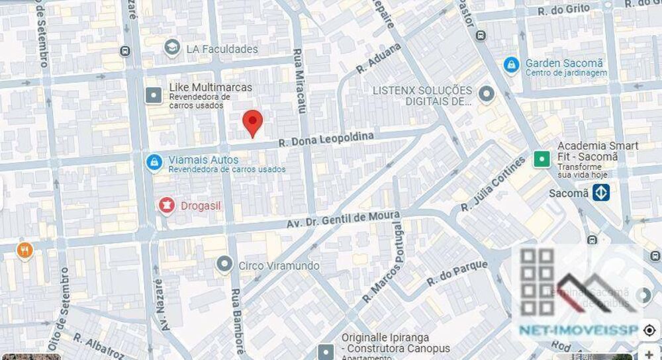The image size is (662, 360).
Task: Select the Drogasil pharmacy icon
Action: pyautogui.click(x=166, y=206)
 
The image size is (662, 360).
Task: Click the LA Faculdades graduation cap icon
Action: pyautogui.click(x=172, y=48)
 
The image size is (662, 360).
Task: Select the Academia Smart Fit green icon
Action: pyautogui.click(x=542, y=158)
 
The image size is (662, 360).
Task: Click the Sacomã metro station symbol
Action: pyautogui.click(x=601, y=193)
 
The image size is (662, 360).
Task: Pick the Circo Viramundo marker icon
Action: pyautogui.click(x=224, y=265)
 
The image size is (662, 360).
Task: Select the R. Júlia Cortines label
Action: pyautogui.click(x=493, y=185)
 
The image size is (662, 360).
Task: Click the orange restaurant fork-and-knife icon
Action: pyautogui.click(x=25, y=249)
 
